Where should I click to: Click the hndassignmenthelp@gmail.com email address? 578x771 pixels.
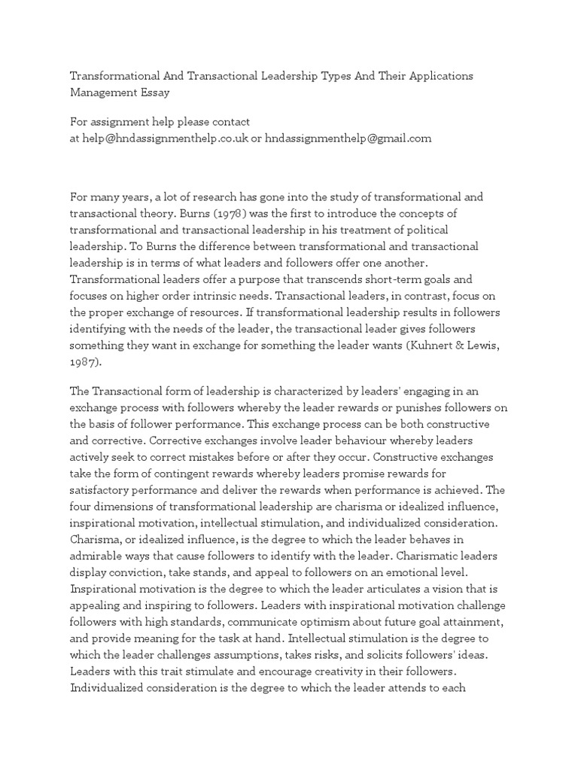tap(348, 138)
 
